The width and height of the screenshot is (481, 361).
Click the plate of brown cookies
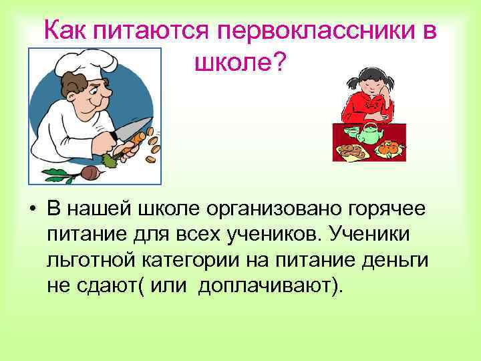(352, 150)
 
